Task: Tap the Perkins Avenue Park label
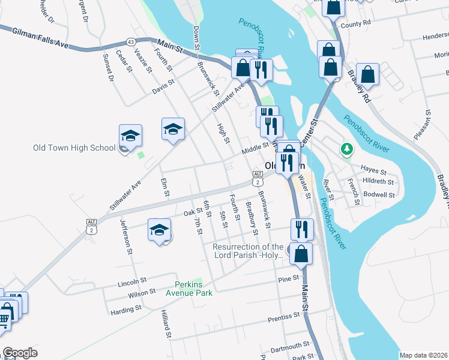coord(194,289)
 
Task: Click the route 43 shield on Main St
coord(131,41)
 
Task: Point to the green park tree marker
coord(346,148)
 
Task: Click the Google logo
coord(20,353)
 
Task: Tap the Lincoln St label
coord(133,281)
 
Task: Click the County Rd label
coord(355,25)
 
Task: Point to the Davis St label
coord(163,86)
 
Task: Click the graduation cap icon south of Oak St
coord(160,230)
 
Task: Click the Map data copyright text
coord(423,355)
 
